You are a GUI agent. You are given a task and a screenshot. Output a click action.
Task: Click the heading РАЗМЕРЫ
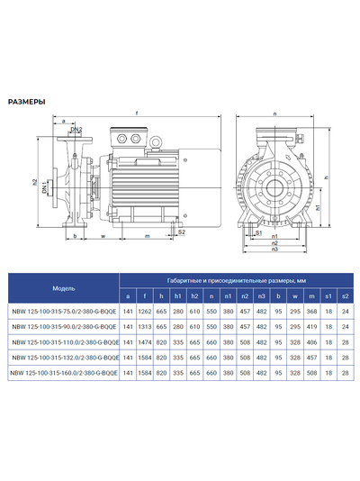tap(27, 102)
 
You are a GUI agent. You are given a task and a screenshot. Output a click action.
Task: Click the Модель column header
tap(63, 288)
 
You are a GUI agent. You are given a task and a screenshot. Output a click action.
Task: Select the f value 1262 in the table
tap(145, 311)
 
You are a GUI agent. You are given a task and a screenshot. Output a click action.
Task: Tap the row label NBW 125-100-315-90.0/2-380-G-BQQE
tap(63, 326)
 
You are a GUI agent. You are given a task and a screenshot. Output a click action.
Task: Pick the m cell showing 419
tap(311, 326)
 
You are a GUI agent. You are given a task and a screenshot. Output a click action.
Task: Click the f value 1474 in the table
tap(145, 341)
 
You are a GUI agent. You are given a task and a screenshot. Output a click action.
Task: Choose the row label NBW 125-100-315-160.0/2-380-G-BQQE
tap(63, 372)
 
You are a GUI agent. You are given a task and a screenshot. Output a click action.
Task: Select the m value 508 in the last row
tap(311, 372)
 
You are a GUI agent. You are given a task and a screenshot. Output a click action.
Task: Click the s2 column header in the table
tap(345, 295)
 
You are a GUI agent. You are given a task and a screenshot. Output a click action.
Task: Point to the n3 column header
tap(261, 295)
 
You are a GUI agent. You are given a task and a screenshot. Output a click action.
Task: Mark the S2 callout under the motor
tap(182, 231)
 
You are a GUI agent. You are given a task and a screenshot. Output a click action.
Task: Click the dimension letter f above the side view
tap(136, 113)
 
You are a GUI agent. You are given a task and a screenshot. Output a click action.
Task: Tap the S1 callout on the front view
tap(259, 232)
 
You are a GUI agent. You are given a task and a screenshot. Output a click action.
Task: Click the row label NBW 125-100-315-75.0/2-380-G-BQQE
tap(63, 311)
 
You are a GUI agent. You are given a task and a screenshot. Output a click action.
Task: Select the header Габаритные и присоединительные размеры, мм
tap(235, 281)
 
